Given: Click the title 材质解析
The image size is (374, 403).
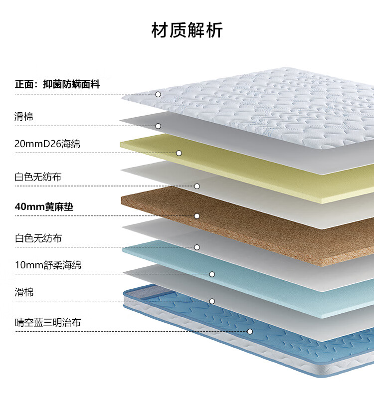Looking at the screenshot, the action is (187, 30).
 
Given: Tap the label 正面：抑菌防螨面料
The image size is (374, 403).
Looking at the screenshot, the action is (57, 84).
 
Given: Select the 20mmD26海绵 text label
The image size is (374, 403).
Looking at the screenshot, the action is (47, 144).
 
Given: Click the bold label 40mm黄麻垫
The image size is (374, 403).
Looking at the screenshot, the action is (44, 206).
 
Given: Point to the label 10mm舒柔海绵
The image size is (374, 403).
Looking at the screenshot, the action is (48, 265).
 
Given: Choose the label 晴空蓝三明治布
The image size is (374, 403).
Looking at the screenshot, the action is (48, 322).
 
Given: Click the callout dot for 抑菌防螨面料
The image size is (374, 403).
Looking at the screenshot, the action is (158, 94).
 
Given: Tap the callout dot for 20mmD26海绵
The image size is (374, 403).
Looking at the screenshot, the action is (179, 153).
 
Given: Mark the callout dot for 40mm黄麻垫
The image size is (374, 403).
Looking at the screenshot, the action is (197, 216).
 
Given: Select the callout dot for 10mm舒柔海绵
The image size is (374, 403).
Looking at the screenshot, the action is (212, 274).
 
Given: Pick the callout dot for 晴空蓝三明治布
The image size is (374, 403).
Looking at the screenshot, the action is (250, 332).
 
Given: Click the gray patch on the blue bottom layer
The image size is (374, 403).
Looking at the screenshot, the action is (149, 292).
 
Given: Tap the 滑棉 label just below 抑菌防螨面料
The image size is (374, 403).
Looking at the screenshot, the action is (24, 116).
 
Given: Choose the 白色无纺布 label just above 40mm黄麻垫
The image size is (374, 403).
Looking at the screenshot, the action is (38, 177).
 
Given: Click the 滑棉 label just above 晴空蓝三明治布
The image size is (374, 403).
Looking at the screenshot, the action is (24, 292).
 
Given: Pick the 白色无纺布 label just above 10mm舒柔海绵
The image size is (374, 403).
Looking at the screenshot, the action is (38, 238).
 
